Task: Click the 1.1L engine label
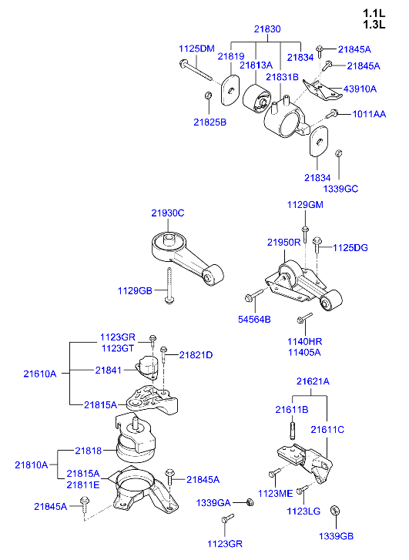point(373,13)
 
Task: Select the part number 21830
point(267,29)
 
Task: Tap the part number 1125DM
point(196,49)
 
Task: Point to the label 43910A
point(359,89)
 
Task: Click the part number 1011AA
point(369,114)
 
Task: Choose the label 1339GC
point(340,188)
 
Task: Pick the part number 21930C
point(167,213)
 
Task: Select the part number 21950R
point(283,242)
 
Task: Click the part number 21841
point(108,371)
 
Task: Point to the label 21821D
point(196,355)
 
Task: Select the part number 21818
point(89,450)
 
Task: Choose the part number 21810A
point(31,464)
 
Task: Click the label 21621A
point(313,381)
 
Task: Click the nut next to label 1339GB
point(335,510)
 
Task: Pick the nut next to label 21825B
point(208,96)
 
